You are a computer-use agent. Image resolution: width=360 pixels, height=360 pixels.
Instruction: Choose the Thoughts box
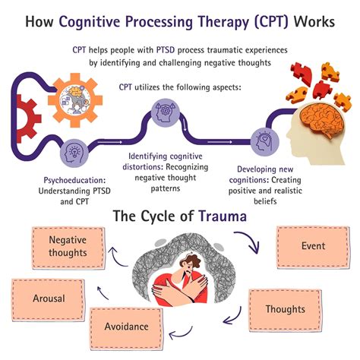285,309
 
